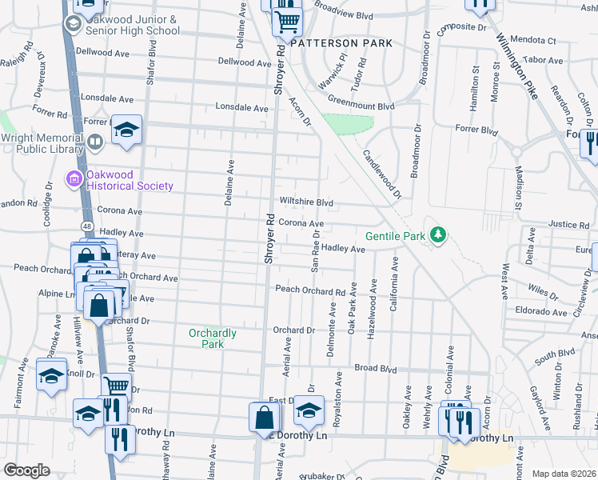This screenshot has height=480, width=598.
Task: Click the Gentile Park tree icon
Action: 437,235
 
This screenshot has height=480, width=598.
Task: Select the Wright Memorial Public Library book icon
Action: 95,142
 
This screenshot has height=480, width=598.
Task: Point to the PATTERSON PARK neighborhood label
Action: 341,43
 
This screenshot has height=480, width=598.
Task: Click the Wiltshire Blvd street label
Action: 305,202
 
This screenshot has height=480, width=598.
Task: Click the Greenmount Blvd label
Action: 364,106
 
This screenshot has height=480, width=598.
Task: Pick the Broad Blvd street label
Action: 376,370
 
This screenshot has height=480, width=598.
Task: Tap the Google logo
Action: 26,470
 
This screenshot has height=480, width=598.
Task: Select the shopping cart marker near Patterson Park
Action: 287,22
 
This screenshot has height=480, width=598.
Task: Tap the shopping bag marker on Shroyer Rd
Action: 265,416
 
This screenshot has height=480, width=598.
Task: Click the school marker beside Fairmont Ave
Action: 51,374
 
